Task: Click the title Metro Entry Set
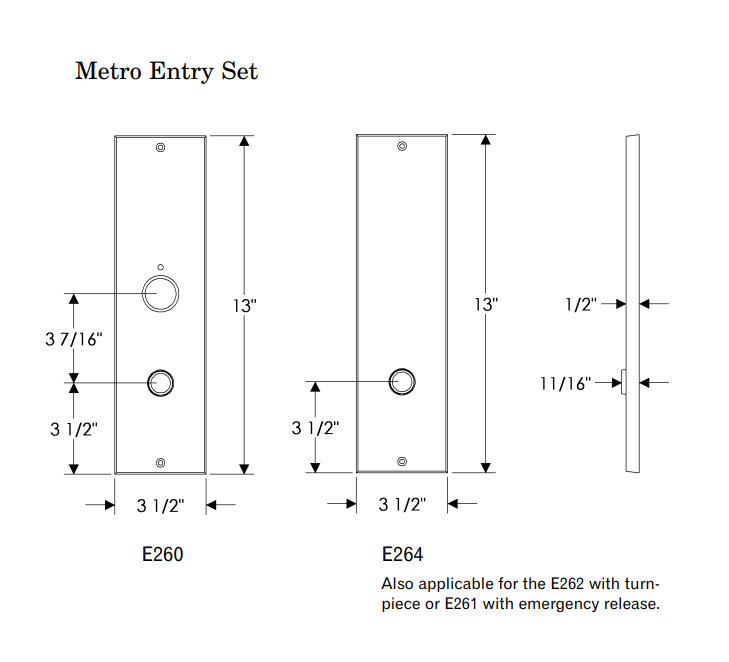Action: pyautogui.click(x=166, y=72)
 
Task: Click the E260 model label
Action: pyautogui.click(x=161, y=554)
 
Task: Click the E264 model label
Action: pyautogui.click(x=402, y=554)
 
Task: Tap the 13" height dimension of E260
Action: pyautogui.click(x=245, y=305)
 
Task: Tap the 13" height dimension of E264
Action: pyautogui.click(x=486, y=305)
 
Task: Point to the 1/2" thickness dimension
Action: pyautogui.click(x=580, y=304)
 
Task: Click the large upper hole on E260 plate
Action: pyautogui.click(x=161, y=293)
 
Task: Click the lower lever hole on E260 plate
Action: pyautogui.click(x=161, y=382)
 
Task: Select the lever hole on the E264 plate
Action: pyautogui.click(x=402, y=381)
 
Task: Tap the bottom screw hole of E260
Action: pyautogui.click(x=161, y=462)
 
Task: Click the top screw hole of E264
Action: pyautogui.click(x=402, y=147)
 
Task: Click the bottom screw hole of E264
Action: pyautogui.click(x=402, y=461)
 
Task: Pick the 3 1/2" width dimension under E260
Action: pyautogui.click(x=161, y=506)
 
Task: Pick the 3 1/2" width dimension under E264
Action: pyautogui.click(x=402, y=506)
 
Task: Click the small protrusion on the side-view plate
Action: pyautogui.click(x=623, y=382)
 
